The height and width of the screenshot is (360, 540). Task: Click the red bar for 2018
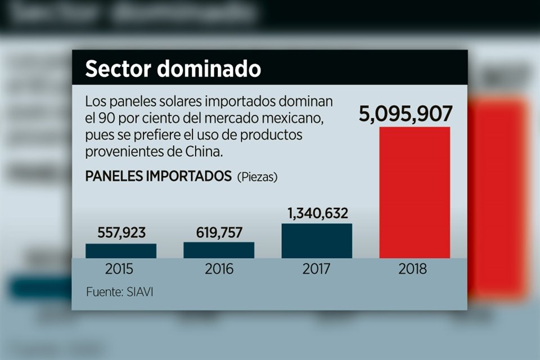click(x=415, y=192)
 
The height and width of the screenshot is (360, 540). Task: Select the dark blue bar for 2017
click(x=317, y=241)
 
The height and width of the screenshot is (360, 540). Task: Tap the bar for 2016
click(x=219, y=250)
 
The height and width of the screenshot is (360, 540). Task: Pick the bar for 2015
click(x=121, y=251)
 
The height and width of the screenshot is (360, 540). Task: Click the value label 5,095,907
click(x=406, y=114)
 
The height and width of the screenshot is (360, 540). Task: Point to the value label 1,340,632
click(x=317, y=214)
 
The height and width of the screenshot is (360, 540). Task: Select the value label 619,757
click(x=218, y=233)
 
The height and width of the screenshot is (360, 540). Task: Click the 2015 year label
click(x=119, y=269)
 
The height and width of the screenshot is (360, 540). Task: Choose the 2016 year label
click(x=219, y=269)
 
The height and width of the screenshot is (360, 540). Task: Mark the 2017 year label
click(x=316, y=269)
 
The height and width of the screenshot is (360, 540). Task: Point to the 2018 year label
click(x=413, y=269)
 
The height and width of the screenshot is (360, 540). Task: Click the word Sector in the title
click(x=118, y=69)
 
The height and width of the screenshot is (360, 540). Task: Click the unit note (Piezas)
click(x=257, y=177)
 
